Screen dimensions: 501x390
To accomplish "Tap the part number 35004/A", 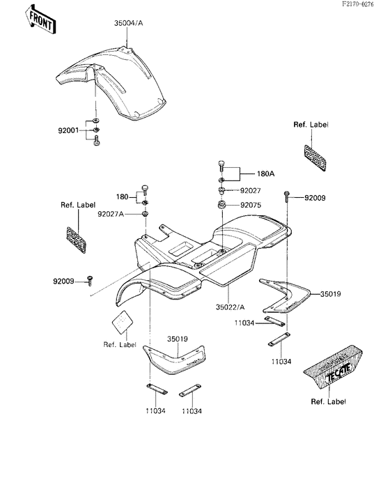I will point(129,22).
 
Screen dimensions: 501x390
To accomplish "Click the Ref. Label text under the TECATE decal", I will point(329,402).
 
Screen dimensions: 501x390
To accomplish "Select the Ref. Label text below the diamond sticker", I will point(120,344).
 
